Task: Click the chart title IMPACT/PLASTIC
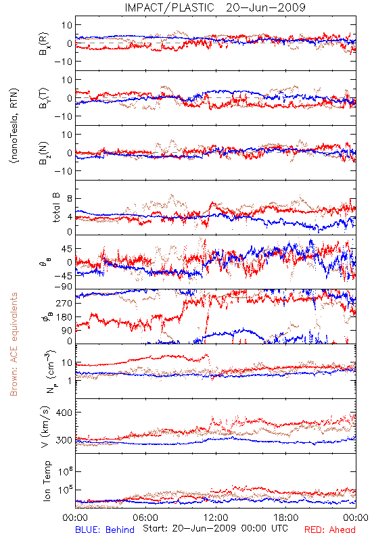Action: click(x=170, y=7)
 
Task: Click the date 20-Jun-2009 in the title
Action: click(x=266, y=7)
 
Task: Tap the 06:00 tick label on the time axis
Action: click(x=145, y=517)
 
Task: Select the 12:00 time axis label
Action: click(x=216, y=517)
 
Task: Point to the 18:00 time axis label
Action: click(x=286, y=517)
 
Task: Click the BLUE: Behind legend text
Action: click(x=105, y=530)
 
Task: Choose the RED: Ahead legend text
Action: click(x=330, y=530)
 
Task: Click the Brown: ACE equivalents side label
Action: click(x=14, y=344)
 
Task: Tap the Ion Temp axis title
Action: click(x=47, y=481)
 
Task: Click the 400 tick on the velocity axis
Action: click(x=64, y=413)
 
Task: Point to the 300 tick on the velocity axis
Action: click(x=64, y=440)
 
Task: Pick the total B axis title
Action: click(x=56, y=208)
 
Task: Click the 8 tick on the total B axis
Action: click(x=70, y=198)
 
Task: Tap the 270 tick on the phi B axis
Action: click(x=64, y=303)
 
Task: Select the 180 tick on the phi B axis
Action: click(x=64, y=317)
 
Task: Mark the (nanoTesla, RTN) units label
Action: click(x=15, y=126)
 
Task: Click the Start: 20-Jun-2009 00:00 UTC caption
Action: click(x=215, y=528)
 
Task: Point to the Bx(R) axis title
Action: click(x=44, y=44)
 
